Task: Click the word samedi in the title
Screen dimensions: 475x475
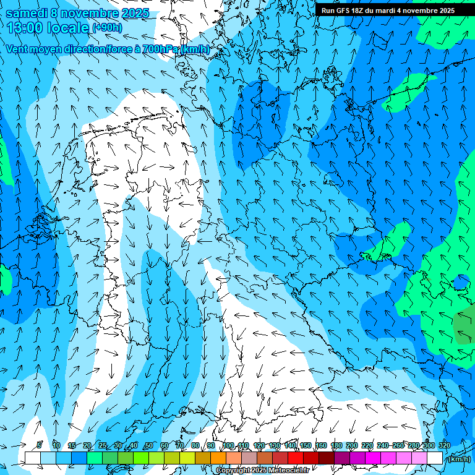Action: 26,13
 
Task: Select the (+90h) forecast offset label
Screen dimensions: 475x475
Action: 107,28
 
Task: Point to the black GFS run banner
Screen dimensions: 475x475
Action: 388,11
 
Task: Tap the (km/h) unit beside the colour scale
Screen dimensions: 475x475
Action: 458,459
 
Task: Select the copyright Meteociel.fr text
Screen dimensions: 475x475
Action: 262,471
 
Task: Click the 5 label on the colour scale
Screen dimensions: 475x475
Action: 40,445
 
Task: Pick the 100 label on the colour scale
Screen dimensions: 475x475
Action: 228,445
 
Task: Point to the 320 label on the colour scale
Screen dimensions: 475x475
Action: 444,445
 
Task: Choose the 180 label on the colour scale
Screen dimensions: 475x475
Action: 336,445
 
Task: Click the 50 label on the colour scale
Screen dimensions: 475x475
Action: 149,445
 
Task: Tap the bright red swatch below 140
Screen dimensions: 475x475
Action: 296,458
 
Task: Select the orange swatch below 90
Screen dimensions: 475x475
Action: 218,458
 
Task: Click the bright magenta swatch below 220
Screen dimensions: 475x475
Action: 373,458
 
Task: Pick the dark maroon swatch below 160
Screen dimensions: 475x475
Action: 327,458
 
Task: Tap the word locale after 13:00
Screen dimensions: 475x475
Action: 67,28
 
